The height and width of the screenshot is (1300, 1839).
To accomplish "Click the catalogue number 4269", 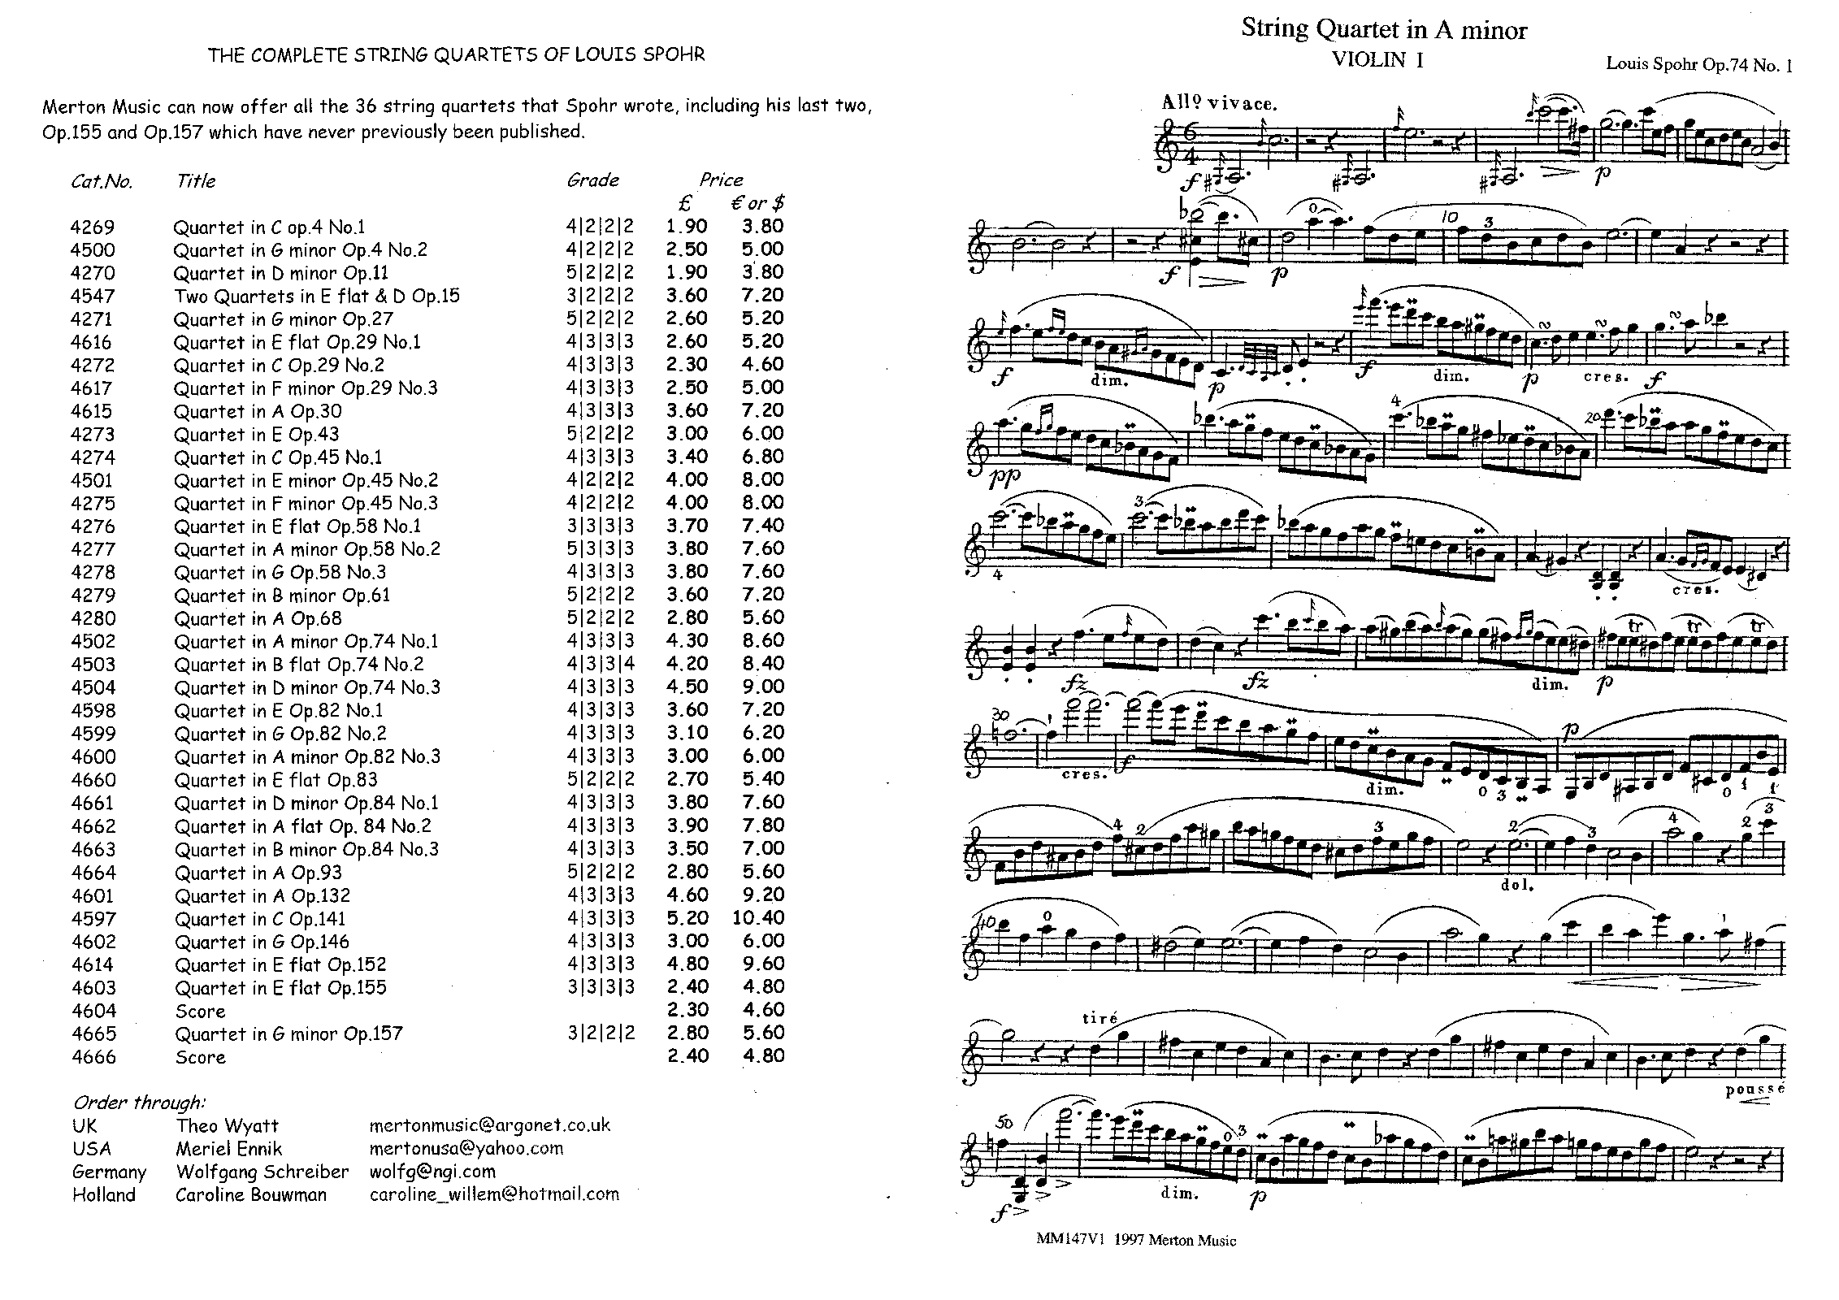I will point(93,227).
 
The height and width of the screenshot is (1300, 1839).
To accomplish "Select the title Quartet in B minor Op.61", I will point(282,596).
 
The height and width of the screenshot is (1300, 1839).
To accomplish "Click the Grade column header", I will point(592,180).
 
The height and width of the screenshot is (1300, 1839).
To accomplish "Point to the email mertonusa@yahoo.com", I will point(466,1149).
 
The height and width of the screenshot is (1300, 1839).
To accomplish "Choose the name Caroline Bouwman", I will point(251,1195).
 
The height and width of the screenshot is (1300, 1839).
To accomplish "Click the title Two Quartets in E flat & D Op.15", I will point(317,296).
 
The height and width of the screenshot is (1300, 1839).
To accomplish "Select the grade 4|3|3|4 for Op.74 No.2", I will point(600,665).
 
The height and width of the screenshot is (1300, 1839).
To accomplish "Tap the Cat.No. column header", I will point(102,181).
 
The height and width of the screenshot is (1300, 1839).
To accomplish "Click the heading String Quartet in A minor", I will point(1384,30).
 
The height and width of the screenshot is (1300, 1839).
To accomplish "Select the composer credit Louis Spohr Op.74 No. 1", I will point(1698,65).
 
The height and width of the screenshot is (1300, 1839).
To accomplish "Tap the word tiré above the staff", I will point(1100,1018).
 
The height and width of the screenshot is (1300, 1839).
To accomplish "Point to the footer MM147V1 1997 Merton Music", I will point(1136,1241).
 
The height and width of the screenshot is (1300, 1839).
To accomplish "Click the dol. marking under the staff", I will point(1516,885).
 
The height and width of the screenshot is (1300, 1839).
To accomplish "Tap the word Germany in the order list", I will point(109,1172).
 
